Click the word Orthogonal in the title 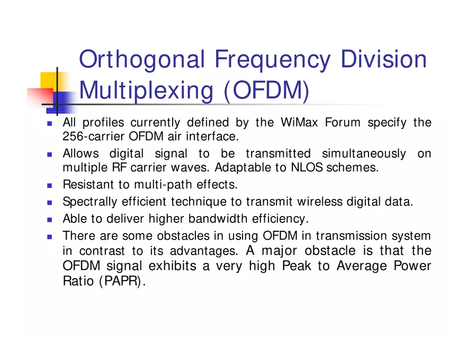[141, 60]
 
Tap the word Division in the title [383, 59]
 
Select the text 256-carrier [94, 137]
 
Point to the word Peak [297, 266]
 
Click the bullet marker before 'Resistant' [50, 185]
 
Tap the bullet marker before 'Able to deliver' [50, 219]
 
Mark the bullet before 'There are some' [50, 236]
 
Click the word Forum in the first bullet [343, 123]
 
